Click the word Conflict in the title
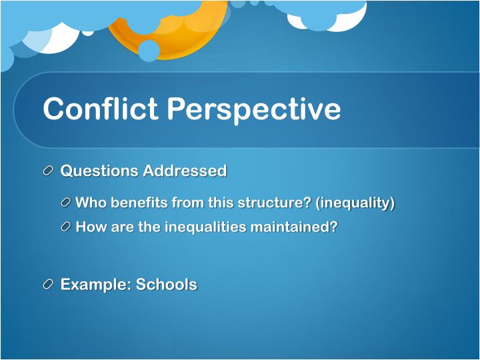click(x=100, y=109)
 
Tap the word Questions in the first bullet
click(x=99, y=171)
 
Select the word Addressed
click(x=184, y=171)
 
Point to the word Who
click(x=91, y=203)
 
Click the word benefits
click(x=139, y=203)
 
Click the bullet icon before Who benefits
click(x=65, y=203)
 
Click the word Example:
click(x=95, y=285)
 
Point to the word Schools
click(x=167, y=285)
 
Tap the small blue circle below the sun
click(x=149, y=51)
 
